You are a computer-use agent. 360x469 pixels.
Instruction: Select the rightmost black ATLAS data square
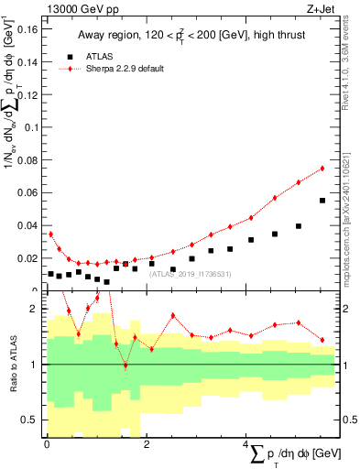322,201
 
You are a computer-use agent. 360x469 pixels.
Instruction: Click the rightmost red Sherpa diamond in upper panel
322,169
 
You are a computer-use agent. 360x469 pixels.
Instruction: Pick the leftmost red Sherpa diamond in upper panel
50,234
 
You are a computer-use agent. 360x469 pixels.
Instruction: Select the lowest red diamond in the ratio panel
125,365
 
